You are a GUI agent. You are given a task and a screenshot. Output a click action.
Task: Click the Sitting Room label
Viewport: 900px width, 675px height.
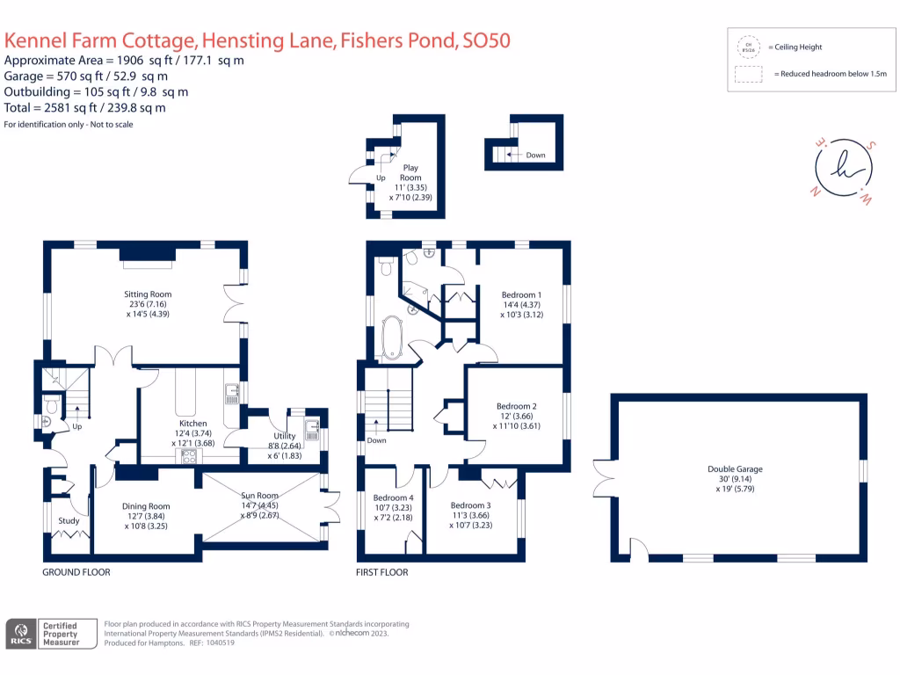(148, 294)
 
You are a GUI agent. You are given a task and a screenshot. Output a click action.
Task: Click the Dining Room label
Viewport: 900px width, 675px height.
(146, 506)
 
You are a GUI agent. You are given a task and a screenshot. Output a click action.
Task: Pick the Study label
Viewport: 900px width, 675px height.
(69, 521)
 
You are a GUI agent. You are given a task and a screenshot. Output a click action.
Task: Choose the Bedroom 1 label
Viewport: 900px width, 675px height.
(521, 294)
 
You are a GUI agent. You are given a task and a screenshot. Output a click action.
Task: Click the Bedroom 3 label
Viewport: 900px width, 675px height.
(470, 505)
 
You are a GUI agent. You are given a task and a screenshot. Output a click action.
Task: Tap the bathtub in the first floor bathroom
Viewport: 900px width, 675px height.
(389, 338)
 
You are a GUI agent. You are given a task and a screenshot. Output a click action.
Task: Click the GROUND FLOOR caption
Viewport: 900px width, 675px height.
(76, 572)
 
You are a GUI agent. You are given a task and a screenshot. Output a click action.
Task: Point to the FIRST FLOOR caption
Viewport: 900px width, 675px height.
(382, 572)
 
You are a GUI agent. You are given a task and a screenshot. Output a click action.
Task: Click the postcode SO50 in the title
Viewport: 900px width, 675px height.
(487, 40)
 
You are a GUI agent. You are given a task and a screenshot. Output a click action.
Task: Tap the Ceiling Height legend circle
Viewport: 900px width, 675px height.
(750, 47)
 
